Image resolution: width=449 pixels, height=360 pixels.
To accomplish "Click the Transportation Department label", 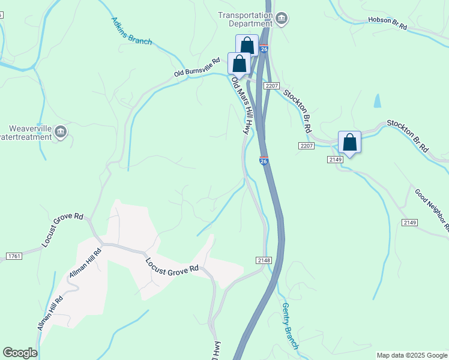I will (x=245, y=19).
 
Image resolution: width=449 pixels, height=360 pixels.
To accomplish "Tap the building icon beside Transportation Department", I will (x=281, y=20).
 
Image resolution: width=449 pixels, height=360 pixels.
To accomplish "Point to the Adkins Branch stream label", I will (x=131, y=31).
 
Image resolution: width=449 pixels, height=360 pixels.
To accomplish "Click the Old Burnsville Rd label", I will (x=197, y=68).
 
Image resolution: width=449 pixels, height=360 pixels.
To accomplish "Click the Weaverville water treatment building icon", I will (x=60, y=132).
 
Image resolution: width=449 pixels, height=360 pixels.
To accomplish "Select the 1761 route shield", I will (x=14, y=256).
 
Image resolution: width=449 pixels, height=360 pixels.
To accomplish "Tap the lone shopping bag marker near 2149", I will (x=349, y=143).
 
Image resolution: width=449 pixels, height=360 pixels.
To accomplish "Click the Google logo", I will (x=20, y=353).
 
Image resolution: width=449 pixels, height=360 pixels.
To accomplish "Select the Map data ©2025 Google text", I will (x=412, y=355).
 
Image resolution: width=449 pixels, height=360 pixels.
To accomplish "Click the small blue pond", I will (x=377, y=101).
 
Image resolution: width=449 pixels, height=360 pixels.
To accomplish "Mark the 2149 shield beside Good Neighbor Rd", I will (x=409, y=223).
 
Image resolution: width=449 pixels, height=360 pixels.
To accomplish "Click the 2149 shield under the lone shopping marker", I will (x=335, y=159).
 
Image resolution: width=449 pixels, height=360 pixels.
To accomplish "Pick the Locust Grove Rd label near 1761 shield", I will (x=62, y=229).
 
